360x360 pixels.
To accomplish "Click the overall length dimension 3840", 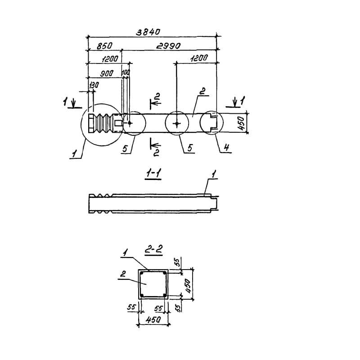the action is point(148,32).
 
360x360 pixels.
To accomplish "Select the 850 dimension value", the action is point(104,46).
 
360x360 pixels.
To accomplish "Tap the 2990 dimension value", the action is point(168,46).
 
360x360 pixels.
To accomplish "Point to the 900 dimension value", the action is point(107,73).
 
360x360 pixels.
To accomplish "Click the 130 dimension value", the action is point(94,85).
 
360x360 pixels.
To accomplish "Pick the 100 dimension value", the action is point(126,72).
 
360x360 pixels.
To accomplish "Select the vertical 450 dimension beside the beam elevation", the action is point(241,123).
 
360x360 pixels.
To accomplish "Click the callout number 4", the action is point(226,147).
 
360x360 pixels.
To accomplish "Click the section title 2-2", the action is point(153,250).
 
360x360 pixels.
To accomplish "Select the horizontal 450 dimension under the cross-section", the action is point(153,319).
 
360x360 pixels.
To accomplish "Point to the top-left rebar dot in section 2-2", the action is point(142,274).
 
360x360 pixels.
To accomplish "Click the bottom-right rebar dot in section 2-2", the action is point(164,295).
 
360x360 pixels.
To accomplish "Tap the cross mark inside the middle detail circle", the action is point(176,124).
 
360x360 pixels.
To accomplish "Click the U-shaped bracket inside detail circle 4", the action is point(215,123).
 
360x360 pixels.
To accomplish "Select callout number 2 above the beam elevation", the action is point(202,91).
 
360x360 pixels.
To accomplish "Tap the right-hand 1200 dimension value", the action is point(199,58).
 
